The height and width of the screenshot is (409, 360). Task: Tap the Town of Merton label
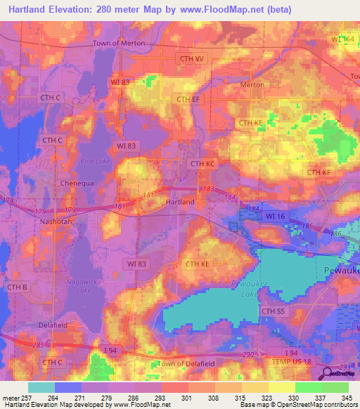(119, 43)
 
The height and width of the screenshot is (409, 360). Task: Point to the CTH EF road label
(188, 99)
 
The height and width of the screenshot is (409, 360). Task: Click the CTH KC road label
(202, 164)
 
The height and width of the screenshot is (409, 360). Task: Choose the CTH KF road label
(319, 172)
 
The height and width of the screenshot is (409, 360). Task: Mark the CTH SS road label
(274, 311)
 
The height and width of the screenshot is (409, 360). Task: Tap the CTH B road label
(16, 287)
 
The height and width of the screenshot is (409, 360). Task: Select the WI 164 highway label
(345, 39)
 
